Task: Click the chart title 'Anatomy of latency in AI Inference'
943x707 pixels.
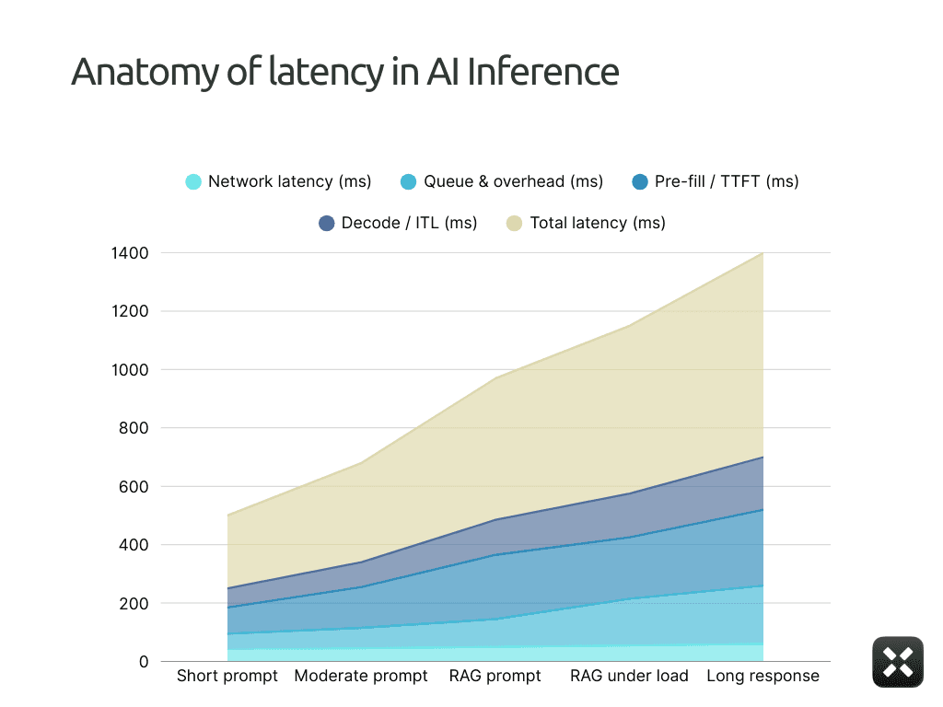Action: (x=344, y=72)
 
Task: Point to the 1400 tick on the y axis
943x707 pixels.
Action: (x=130, y=252)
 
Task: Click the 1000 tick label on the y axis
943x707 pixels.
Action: (x=130, y=369)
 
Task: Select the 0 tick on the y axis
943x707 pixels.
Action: (x=143, y=662)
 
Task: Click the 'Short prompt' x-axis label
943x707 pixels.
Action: (x=227, y=677)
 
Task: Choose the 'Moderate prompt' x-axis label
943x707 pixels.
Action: (x=361, y=677)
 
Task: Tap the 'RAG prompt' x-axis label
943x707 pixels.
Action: (x=495, y=677)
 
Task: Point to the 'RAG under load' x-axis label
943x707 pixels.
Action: (x=629, y=677)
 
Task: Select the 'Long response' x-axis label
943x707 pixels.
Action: (x=763, y=677)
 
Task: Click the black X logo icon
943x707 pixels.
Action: (x=897, y=661)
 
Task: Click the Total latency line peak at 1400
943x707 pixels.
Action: (x=763, y=253)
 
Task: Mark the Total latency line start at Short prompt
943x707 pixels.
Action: (x=227, y=515)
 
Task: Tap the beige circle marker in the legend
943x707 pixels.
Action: (x=514, y=223)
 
